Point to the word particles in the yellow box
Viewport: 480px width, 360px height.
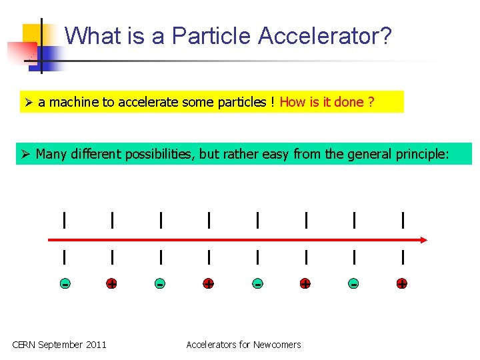point(242,102)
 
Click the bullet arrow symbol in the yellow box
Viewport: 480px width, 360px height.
point(27,102)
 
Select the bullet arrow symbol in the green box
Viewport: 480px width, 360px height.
point(25,155)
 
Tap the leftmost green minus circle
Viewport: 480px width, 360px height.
point(64,283)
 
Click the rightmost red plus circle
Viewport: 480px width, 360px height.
point(402,283)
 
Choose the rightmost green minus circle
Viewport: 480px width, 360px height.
point(353,283)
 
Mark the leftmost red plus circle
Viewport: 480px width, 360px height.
point(112,283)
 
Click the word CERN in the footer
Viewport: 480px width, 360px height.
point(24,345)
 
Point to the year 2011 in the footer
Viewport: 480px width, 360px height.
point(95,345)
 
